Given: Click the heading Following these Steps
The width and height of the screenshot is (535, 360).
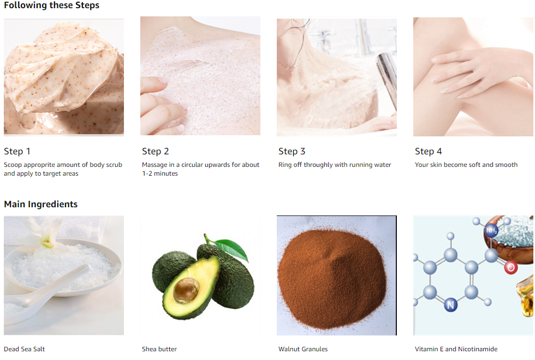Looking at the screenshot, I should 51,5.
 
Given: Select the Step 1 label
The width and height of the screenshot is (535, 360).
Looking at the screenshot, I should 17,151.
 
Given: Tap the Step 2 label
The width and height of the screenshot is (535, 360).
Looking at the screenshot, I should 156,151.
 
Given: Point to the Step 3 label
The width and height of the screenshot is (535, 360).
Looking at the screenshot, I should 292,151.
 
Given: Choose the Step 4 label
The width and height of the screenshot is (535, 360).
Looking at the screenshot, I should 429,151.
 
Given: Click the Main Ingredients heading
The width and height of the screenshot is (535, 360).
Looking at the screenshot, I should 41,204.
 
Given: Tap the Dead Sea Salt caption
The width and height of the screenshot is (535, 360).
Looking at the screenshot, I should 25,349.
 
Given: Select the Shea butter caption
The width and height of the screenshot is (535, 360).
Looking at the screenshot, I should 159,349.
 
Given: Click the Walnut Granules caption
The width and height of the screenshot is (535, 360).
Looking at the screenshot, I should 303,349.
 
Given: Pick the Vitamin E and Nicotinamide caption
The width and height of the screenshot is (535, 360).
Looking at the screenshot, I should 456,349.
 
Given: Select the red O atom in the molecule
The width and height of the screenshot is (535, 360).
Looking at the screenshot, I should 510,267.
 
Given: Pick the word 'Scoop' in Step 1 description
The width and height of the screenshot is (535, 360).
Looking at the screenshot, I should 13,165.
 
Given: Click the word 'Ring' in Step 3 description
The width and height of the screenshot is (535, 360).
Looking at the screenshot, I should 285,165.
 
